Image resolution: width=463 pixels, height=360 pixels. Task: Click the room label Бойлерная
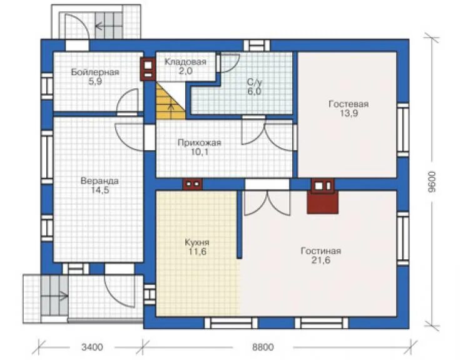(94, 72)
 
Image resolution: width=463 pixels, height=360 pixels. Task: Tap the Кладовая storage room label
(185, 62)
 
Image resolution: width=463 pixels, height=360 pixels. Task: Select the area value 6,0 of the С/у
(254, 91)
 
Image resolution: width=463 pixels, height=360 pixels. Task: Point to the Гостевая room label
(349, 104)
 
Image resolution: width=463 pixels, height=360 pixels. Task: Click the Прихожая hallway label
(200, 143)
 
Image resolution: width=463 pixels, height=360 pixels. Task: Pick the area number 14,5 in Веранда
(100, 190)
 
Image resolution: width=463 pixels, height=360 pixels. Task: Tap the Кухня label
(197, 242)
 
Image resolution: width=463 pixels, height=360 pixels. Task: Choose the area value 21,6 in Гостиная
(321, 260)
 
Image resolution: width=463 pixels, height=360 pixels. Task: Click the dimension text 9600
(432, 182)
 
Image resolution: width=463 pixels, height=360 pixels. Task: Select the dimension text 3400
(93, 347)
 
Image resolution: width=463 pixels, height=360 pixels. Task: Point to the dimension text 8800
(263, 347)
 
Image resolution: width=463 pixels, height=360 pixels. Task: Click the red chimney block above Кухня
(193, 184)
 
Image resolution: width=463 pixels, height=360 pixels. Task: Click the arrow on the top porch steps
(99, 26)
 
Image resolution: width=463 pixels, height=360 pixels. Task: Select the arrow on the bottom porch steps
(64, 296)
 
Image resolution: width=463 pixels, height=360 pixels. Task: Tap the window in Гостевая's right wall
(403, 130)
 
